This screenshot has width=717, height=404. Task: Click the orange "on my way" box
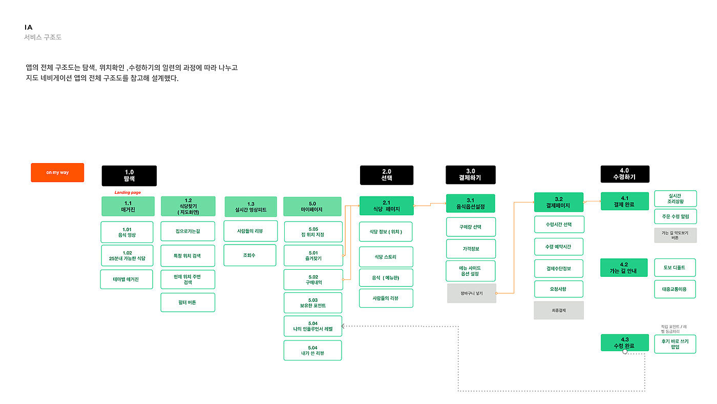pyautogui.click(x=57, y=173)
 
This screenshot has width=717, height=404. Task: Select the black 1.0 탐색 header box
pyautogui.click(x=129, y=175)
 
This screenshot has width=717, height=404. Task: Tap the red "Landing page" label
pyautogui.click(x=128, y=192)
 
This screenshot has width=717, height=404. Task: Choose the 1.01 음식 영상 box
pyautogui.click(x=127, y=232)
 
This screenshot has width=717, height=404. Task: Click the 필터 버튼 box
pyautogui.click(x=188, y=302)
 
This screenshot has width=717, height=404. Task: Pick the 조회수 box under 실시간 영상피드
pyautogui.click(x=250, y=255)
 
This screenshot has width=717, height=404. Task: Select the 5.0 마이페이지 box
pyautogui.click(x=312, y=206)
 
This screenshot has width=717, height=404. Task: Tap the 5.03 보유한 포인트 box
pyautogui.click(x=313, y=302)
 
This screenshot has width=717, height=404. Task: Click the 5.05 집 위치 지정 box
pyautogui.click(x=313, y=232)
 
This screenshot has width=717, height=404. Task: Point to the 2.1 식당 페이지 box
pyautogui.click(x=386, y=206)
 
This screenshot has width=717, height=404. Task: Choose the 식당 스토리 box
pyautogui.click(x=386, y=257)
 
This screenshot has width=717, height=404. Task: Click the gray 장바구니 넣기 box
pyautogui.click(x=472, y=293)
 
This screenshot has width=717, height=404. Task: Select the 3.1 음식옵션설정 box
pyautogui.click(x=471, y=204)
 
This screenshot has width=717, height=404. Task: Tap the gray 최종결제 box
pyautogui.click(x=559, y=310)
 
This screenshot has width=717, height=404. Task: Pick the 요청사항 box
pyautogui.click(x=559, y=289)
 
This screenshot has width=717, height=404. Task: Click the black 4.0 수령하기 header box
pyautogui.click(x=625, y=174)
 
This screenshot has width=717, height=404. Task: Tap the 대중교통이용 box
pyautogui.click(x=675, y=289)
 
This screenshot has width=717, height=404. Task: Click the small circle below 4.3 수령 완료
pyautogui.click(x=625, y=352)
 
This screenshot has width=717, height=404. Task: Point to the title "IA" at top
pyautogui.click(x=29, y=27)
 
